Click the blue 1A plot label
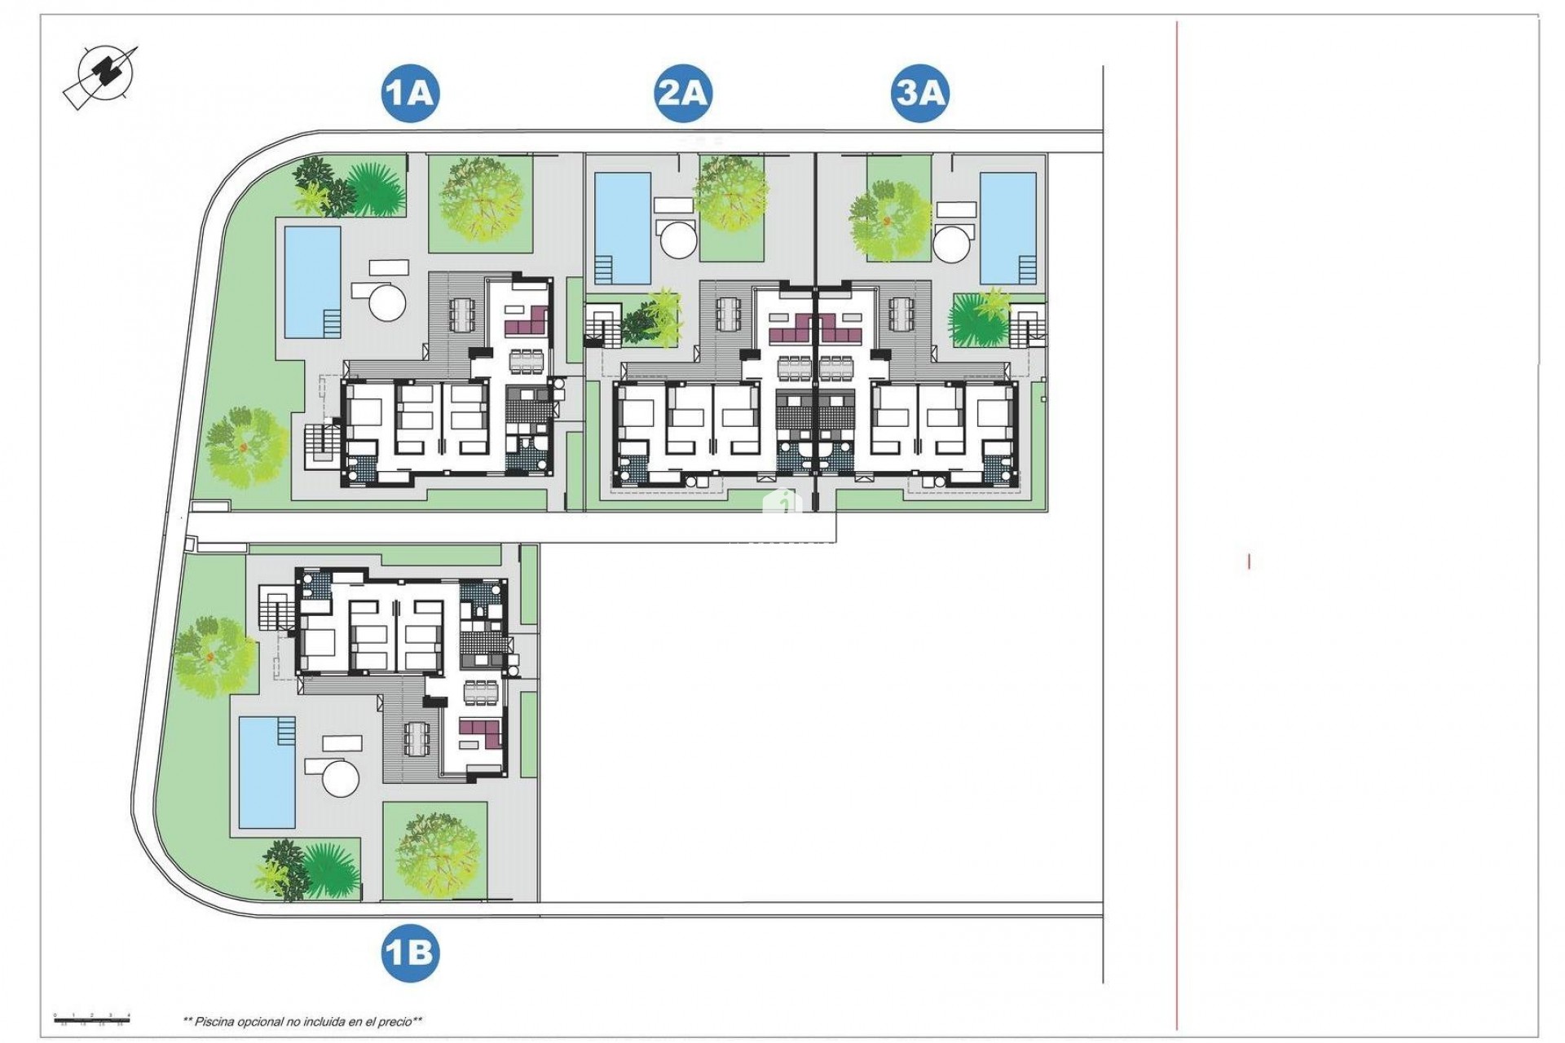[x=410, y=94]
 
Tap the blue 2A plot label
[x=682, y=94]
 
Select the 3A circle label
[x=919, y=94]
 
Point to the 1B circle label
[x=409, y=952]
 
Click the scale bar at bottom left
[x=91, y=1016]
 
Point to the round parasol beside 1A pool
[x=387, y=301]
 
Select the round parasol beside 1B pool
[x=341, y=777]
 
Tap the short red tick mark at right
[x=1248, y=561]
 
